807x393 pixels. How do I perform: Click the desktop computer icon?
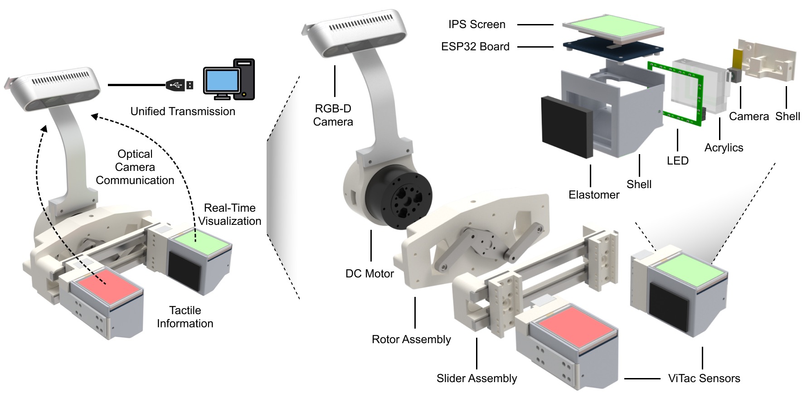[229, 80]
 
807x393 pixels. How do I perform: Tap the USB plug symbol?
[180, 85]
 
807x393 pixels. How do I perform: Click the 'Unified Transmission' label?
[183, 112]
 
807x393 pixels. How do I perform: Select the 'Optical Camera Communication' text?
[135, 167]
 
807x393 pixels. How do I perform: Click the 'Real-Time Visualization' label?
[230, 214]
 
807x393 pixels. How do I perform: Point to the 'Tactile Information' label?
[185, 317]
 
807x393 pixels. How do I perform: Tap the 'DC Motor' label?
[369, 274]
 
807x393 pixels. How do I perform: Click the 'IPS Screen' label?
[476, 24]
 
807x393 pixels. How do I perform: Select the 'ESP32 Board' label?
[475, 47]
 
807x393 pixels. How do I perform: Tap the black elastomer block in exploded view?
[567, 126]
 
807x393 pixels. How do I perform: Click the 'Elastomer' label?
[594, 195]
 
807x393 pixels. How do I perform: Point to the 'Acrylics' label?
[724, 148]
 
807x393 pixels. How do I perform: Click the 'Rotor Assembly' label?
[411, 340]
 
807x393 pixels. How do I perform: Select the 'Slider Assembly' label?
[476, 378]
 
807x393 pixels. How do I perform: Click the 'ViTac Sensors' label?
[704, 378]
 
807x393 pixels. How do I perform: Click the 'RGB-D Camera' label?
[333, 115]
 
